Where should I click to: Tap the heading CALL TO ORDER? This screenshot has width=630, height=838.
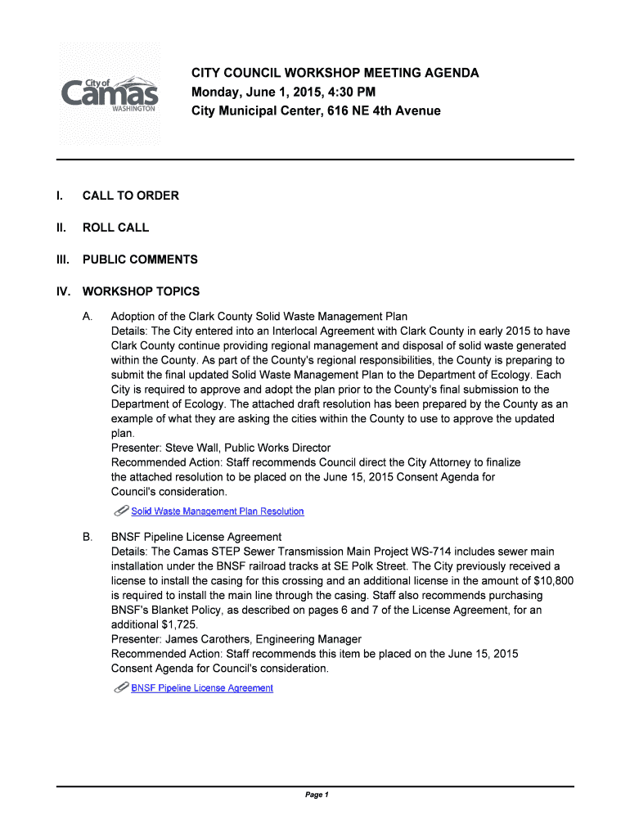click(130, 196)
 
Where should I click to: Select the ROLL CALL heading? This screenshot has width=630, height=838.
click(115, 228)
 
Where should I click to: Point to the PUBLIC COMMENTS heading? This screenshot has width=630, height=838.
click(139, 259)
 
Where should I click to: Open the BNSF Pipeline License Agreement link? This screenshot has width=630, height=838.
click(202, 688)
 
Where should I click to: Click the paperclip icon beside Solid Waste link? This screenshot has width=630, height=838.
click(120, 511)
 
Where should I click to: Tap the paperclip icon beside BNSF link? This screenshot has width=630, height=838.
click(120, 687)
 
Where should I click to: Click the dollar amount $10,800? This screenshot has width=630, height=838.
click(553, 581)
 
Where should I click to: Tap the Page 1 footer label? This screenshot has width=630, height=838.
click(316, 795)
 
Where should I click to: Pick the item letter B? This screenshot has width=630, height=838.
click(87, 537)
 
